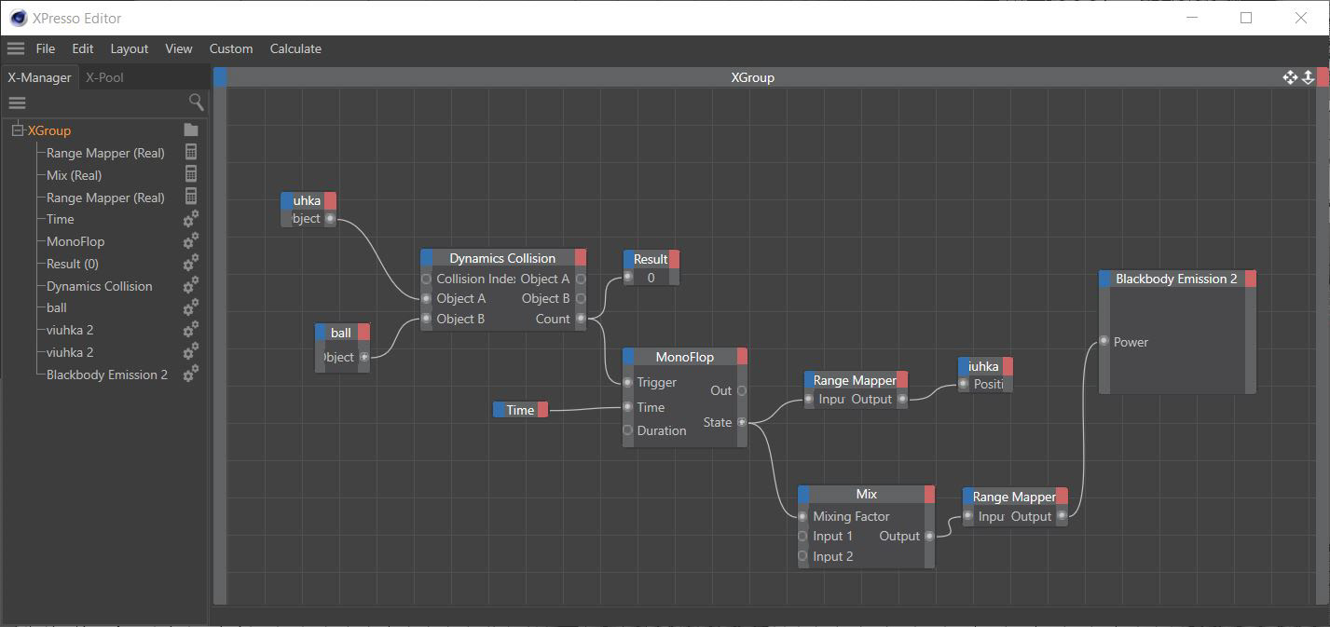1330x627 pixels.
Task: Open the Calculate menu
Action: [295, 48]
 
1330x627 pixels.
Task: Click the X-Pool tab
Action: [104, 77]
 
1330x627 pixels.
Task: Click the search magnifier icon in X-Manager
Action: [196, 102]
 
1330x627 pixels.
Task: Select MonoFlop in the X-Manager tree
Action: [75, 241]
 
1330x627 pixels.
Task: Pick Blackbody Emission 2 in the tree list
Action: [107, 375]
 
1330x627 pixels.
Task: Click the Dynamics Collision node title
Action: [502, 258]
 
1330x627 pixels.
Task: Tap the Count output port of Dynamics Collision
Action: [581, 319]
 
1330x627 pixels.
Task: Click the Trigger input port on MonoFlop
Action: [628, 382]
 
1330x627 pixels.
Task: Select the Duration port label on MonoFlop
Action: [662, 430]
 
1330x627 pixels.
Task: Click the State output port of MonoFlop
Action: [742, 422]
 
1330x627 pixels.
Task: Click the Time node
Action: [520, 410]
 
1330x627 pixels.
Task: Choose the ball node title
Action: [341, 333]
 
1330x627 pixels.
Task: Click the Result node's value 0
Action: [651, 278]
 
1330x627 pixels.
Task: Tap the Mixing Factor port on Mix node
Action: [803, 516]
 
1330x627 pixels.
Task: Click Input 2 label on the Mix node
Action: [832, 556]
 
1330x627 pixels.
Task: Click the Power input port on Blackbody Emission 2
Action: [1104, 342]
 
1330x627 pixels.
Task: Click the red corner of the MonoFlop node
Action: [742, 357]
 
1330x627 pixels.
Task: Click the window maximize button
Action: [1246, 18]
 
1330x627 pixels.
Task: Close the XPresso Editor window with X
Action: [1301, 18]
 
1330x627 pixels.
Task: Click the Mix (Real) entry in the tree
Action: [74, 175]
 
